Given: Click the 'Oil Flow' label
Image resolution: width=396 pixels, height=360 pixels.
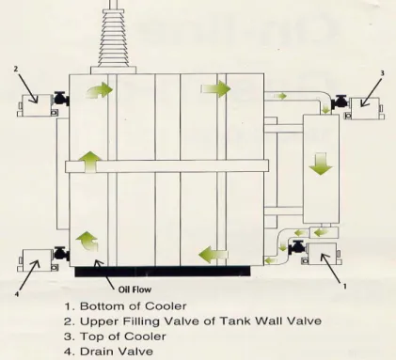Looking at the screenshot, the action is (x=135, y=290).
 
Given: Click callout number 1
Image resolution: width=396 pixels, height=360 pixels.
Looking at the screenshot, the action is (x=345, y=286).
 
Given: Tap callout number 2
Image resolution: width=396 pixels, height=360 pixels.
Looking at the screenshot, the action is (x=16, y=69).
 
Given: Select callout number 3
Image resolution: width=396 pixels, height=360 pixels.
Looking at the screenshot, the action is (x=382, y=73).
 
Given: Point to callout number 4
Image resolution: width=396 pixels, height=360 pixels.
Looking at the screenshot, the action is (x=17, y=294).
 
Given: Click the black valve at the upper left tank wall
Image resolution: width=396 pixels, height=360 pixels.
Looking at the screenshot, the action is (x=60, y=99).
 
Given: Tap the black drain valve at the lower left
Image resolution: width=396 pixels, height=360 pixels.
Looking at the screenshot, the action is (x=61, y=254).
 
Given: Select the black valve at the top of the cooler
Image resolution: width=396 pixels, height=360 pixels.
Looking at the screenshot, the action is (x=341, y=102).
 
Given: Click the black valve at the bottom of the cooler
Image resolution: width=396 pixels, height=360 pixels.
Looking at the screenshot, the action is (x=297, y=247).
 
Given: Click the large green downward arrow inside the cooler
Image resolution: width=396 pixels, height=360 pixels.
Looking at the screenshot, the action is (x=321, y=164).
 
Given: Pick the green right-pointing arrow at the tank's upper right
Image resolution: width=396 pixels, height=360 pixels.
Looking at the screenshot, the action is (x=215, y=88).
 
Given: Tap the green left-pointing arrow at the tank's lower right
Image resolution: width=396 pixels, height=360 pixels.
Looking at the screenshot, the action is (x=214, y=255).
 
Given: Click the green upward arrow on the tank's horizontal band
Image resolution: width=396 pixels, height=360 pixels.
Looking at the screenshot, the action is (x=90, y=162).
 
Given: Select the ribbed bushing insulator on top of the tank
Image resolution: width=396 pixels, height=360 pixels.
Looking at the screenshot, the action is (x=113, y=37).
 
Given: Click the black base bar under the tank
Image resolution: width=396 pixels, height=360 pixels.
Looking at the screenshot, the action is (x=163, y=272).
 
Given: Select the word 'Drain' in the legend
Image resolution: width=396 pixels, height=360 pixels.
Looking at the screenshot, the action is (x=93, y=352).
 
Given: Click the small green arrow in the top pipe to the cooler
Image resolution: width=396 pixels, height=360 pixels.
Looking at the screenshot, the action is (x=282, y=96).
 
